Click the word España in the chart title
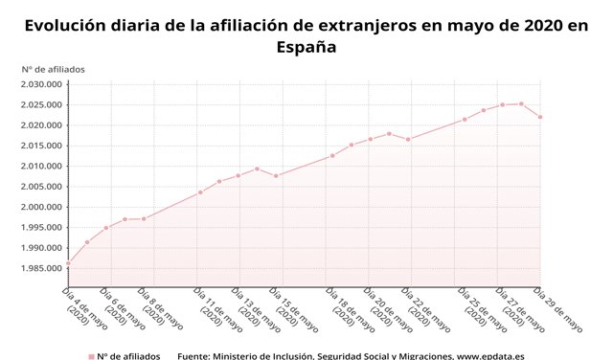(306, 46)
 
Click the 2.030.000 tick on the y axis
(40, 84)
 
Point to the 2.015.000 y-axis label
(40, 146)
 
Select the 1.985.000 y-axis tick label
(40, 269)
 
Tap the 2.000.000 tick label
(40, 207)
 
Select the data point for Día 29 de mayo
(540, 117)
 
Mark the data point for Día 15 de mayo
(276, 176)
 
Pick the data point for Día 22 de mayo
(408, 140)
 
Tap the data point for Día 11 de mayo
(200, 192)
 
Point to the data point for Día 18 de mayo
(332, 156)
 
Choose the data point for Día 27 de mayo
(502, 104)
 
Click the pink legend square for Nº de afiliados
(91, 356)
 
